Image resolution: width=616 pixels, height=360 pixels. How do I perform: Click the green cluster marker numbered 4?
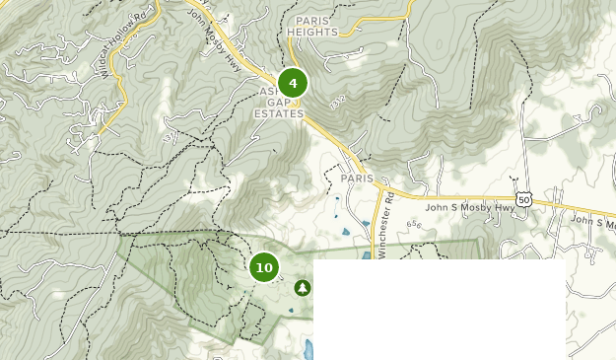point(293,83)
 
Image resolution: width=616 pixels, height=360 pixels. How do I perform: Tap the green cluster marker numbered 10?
point(264,267)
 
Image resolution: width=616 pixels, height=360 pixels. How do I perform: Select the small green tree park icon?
point(303,287)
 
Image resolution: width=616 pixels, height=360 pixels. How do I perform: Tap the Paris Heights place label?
point(312,26)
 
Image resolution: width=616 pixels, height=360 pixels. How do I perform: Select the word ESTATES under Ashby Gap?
point(279,113)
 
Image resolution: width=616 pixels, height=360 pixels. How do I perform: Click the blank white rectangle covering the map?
point(440,309)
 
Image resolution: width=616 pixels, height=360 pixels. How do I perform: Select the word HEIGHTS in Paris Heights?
point(312,32)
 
